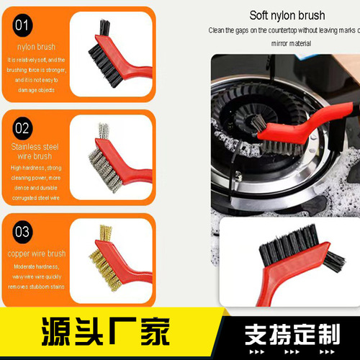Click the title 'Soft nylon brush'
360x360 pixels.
pyautogui.click(x=287, y=15)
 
